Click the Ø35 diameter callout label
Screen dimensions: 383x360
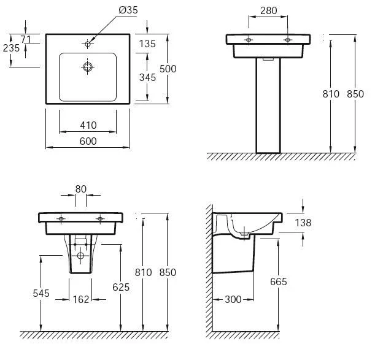tap(128, 10)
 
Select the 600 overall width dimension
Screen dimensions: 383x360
tap(88, 141)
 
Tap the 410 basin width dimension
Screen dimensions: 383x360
tap(88, 125)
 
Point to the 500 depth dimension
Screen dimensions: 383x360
tap(168, 69)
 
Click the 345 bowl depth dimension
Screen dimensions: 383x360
tap(147, 77)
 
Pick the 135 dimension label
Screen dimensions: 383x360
tap(147, 44)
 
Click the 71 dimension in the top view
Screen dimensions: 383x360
tap(26, 39)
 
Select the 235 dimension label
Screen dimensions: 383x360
tap(11, 48)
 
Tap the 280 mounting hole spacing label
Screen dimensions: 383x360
tap(269, 11)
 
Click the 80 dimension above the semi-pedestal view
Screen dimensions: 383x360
tap(81, 189)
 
